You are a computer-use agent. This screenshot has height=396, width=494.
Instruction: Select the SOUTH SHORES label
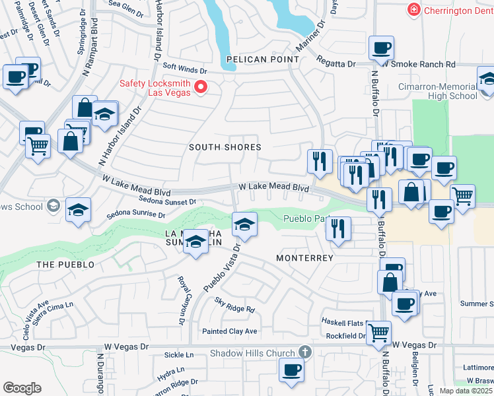pyautogui.click(x=225, y=147)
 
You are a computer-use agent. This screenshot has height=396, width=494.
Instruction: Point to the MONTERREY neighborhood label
pyautogui.click(x=304, y=258)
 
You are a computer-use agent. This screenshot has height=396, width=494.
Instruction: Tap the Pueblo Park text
pyautogui.click(x=302, y=219)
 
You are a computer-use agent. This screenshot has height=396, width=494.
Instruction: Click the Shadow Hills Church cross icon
pyautogui.click(x=304, y=353)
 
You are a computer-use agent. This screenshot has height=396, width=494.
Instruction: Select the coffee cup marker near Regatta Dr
pyautogui.click(x=382, y=48)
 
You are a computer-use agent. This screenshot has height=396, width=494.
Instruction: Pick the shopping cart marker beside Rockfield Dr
pyautogui.click(x=378, y=332)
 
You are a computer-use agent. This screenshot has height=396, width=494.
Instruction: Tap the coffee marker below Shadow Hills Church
pyautogui.click(x=291, y=370)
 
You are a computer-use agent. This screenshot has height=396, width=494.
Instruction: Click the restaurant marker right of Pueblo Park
pyautogui.click(x=338, y=229)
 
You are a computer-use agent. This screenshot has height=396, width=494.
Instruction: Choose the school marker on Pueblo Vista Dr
pyautogui.click(x=244, y=226)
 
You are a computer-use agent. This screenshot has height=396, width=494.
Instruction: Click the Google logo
pyautogui.click(x=21, y=388)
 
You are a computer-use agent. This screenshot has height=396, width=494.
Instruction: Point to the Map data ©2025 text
pyautogui.click(x=466, y=391)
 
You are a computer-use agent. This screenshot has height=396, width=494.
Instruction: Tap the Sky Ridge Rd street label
pyautogui.click(x=234, y=308)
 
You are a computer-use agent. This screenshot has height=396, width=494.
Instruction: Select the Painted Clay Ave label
pyautogui.click(x=229, y=331)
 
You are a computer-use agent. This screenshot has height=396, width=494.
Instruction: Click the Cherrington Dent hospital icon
pyautogui.click(x=414, y=10)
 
